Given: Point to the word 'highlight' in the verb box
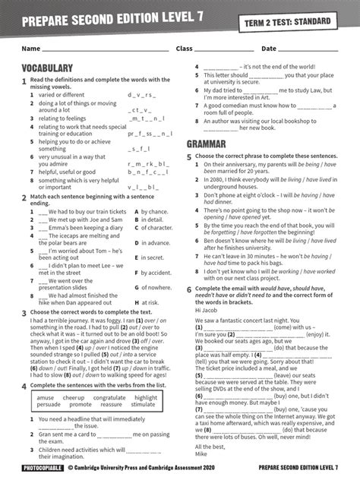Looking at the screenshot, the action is (x=145, y=397).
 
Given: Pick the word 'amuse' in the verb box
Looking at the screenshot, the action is (x=46, y=397).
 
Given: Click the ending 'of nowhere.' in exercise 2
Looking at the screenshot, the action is (x=154, y=288).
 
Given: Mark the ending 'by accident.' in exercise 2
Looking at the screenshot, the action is (x=155, y=273).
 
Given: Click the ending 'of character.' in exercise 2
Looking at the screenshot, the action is (x=156, y=228).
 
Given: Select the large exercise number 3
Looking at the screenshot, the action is (x=24, y=312).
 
